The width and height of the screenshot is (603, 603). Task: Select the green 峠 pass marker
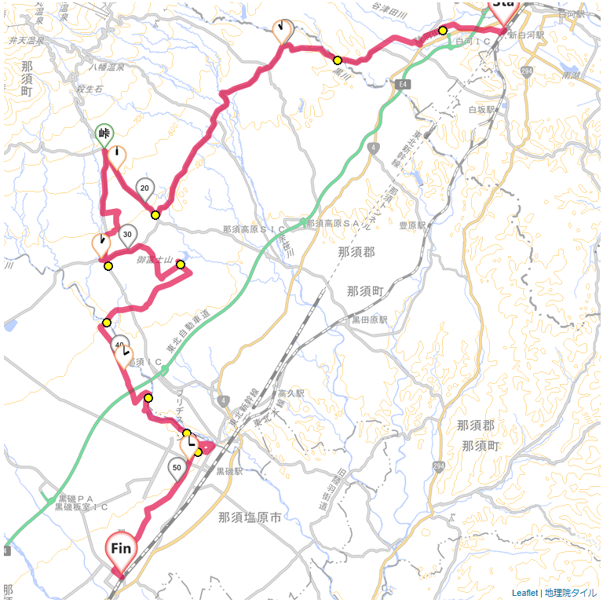[x=104, y=135]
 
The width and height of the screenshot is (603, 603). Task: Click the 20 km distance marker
[x=144, y=188]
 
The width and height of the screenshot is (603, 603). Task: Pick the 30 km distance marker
[x=127, y=234]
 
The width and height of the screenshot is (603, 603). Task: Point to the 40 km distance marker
[x=120, y=345]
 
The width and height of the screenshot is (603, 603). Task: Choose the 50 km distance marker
[x=177, y=468]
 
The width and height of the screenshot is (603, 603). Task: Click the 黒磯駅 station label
[x=229, y=472]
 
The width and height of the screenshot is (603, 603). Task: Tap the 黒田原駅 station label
[x=370, y=320]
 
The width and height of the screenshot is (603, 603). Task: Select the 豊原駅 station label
[x=412, y=225]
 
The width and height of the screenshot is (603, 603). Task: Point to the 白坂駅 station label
[x=484, y=110]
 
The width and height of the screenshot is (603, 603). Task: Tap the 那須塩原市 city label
[x=250, y=517]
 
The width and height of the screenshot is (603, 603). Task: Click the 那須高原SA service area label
[x=338, y=224]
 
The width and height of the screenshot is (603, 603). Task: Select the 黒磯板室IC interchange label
[x=81, y=507]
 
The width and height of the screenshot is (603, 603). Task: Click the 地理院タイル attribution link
[x=570, y=593]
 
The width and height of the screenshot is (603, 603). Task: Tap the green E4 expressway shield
[x=404, y=82]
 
